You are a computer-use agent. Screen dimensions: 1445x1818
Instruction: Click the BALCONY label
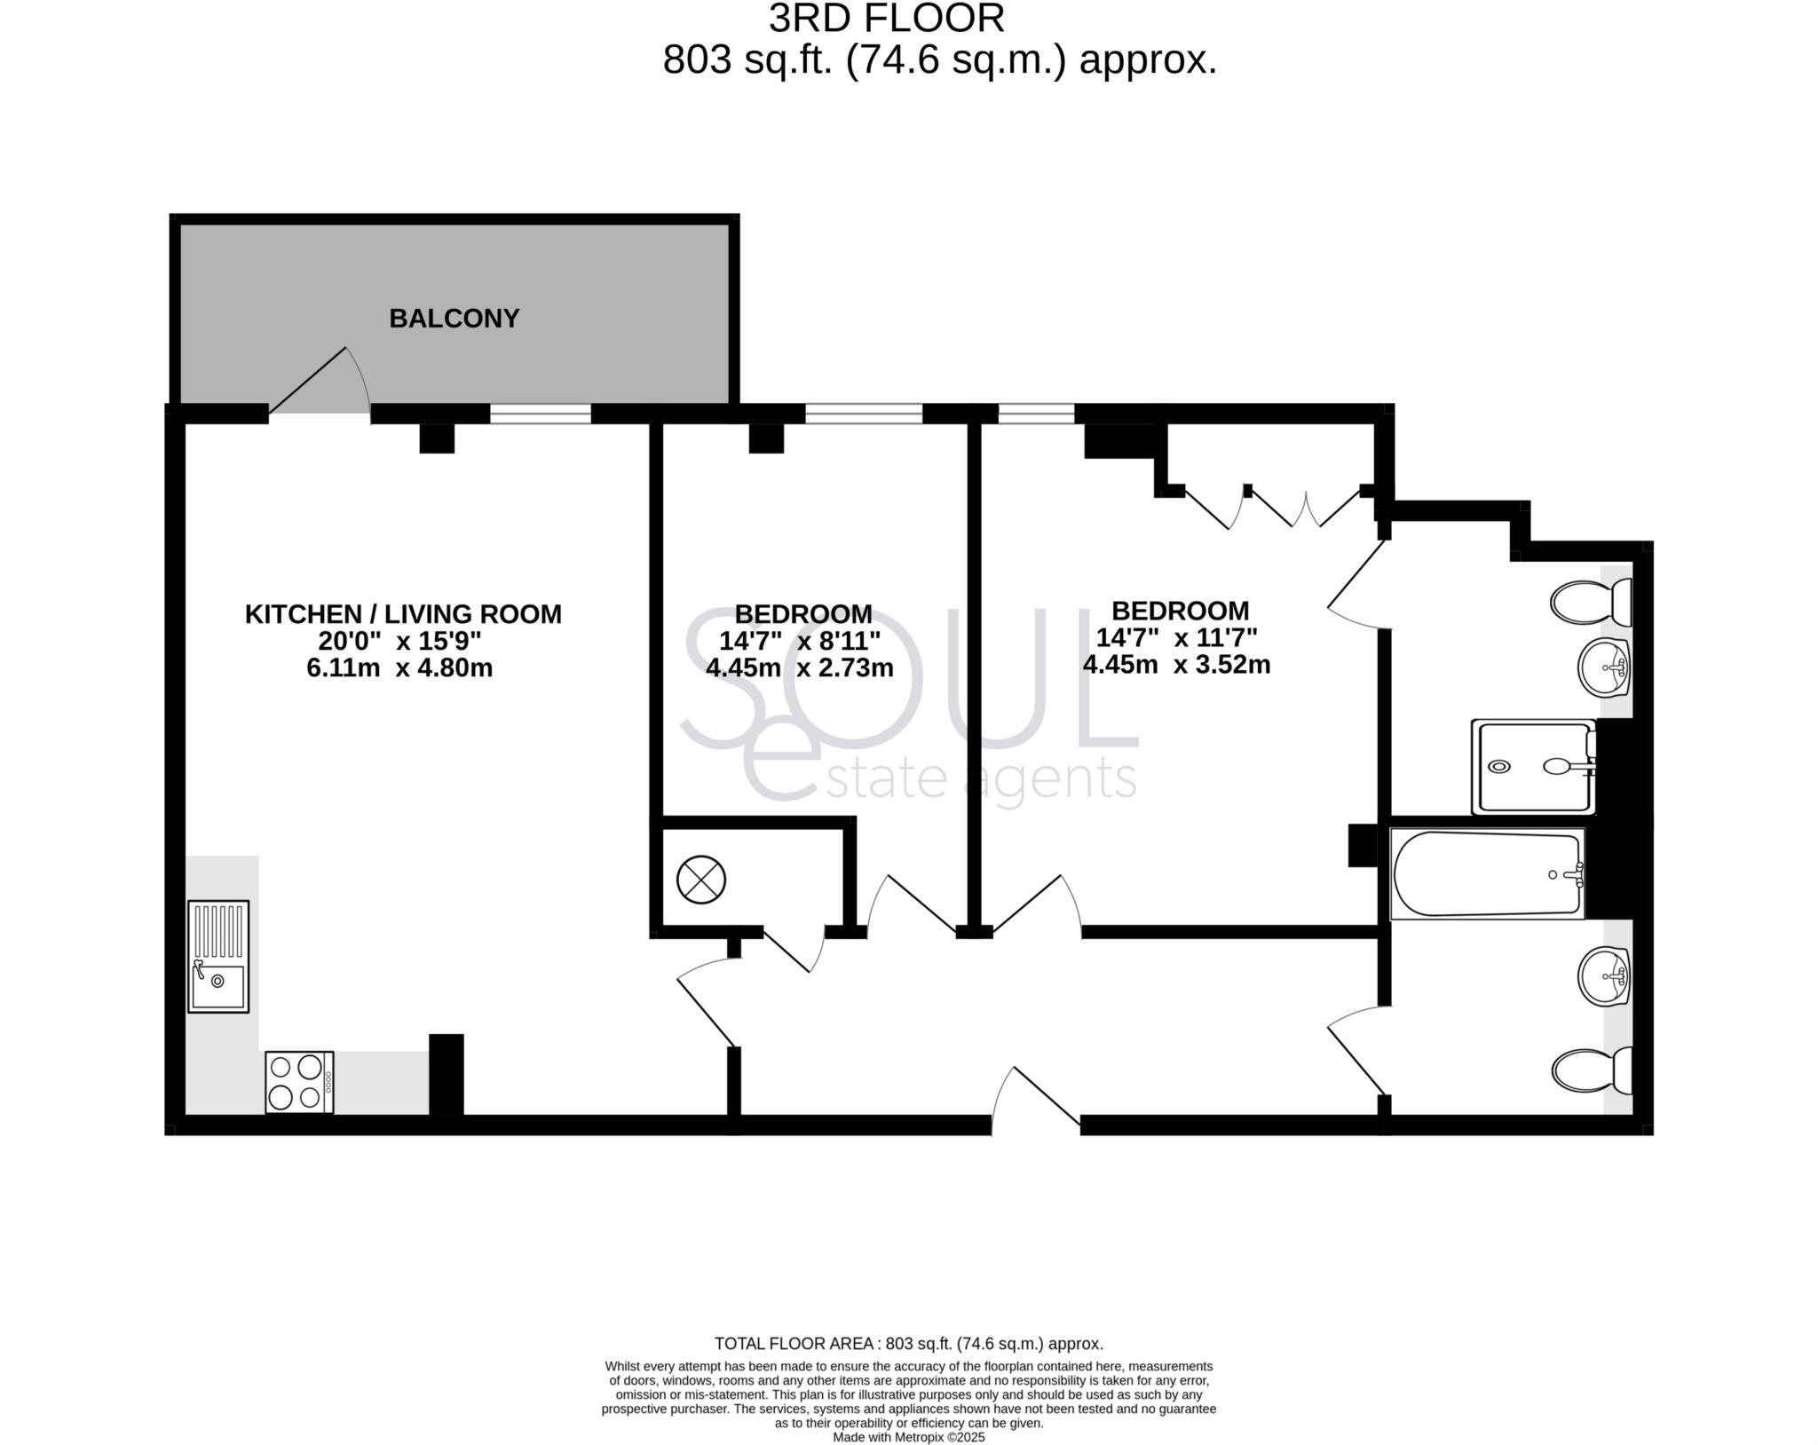(454, 318)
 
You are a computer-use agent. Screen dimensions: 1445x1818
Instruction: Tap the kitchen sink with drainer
(218, 956)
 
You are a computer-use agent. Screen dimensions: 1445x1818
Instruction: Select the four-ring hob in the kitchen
(299, 1081)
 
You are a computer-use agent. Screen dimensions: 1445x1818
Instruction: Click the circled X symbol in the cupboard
(701, 880)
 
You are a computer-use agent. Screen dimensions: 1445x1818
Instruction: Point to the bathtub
(1487, 873)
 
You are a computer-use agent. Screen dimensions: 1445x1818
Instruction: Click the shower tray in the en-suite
(1534, 767)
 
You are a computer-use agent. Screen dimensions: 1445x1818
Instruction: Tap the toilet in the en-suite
(1591, 602)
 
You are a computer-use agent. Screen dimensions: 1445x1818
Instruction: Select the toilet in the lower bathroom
(1593, 1070)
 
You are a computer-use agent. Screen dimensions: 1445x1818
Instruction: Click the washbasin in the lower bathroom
(1605, 976)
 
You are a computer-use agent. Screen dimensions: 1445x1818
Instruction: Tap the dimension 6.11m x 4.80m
(399, 667)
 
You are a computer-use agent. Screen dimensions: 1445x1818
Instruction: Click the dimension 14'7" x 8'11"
(800, 640)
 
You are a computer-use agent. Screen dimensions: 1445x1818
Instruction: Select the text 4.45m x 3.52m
(1176, 664)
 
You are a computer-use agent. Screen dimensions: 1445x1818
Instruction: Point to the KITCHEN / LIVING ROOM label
(403, 613)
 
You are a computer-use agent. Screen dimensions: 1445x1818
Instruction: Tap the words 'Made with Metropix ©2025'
(908, 1437)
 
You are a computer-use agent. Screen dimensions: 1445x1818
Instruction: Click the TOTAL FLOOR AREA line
(908, 1368)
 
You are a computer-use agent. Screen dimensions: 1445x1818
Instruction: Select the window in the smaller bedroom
(864, 414)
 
